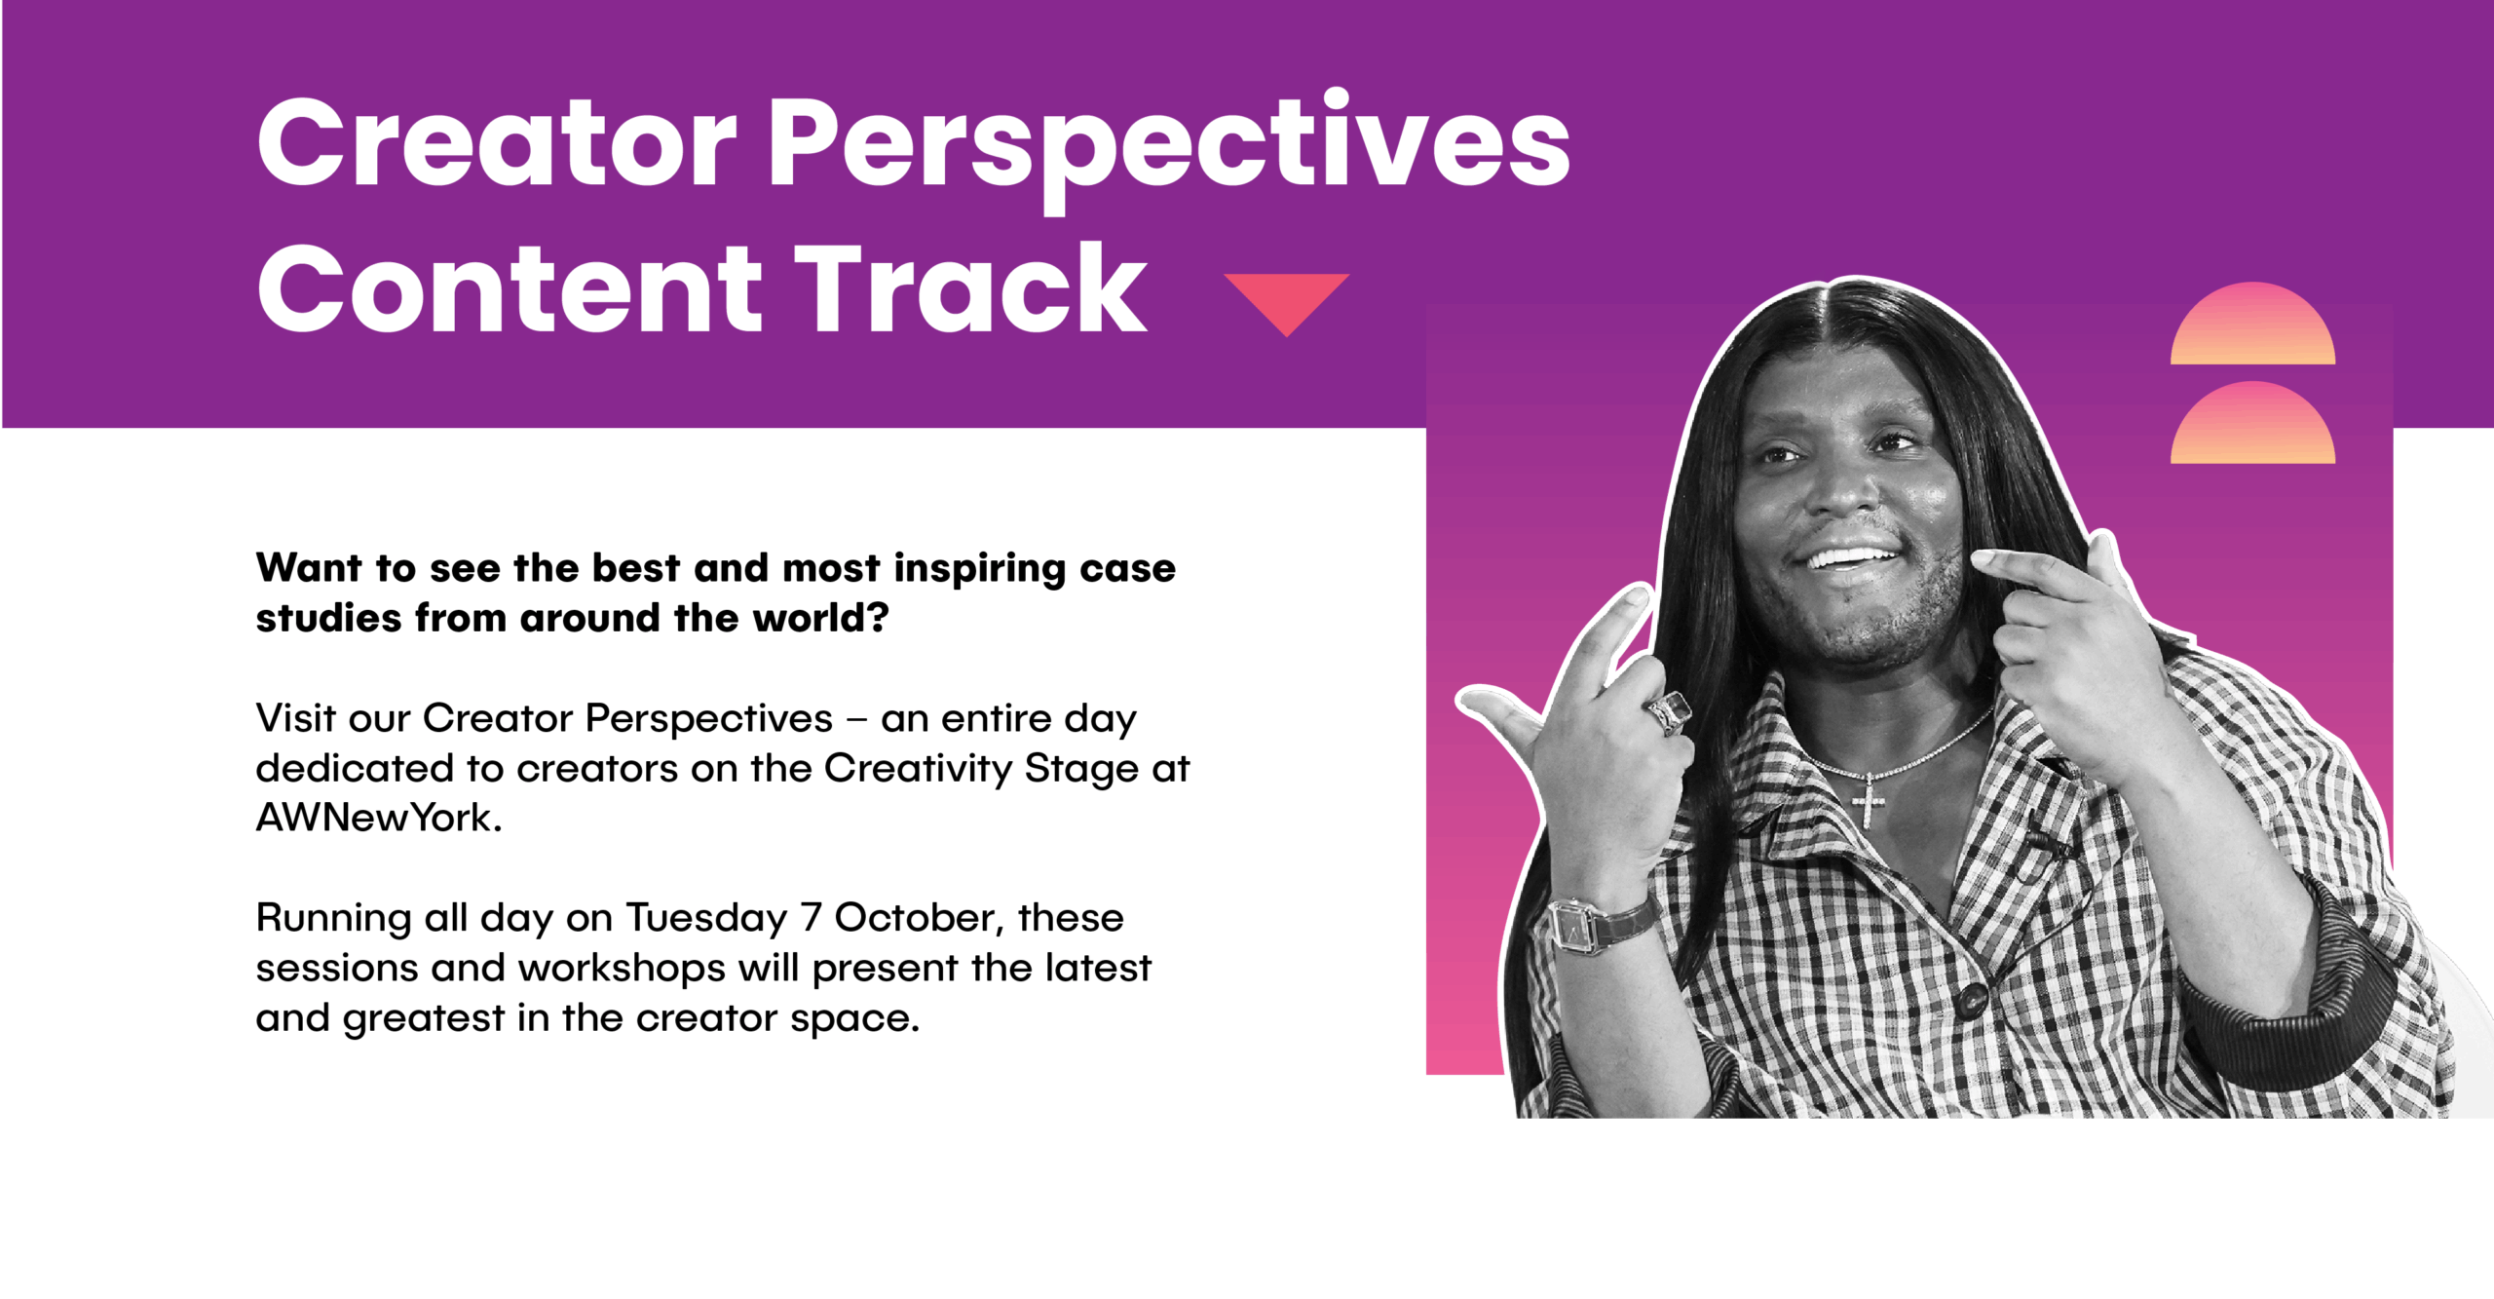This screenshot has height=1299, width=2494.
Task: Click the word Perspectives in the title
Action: click(x=1169, y=148)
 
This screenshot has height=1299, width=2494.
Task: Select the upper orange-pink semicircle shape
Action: click(x=2252, y=324)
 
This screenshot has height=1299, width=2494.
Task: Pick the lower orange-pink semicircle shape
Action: click(x=2252, y=423)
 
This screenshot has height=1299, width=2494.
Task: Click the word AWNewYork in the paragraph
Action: click(x=379, y=819)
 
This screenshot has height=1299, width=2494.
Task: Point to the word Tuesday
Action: click(x=707, y=919)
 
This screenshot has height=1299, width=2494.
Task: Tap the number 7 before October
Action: click(x=812, y=918)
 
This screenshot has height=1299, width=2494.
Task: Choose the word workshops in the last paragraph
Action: click(x=622, y=970)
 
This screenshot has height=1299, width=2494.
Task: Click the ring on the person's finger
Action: click(x=1669, y=711)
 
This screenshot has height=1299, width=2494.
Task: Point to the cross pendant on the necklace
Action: click(x=1868, y=801)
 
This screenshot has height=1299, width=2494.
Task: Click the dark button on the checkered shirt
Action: click(x=1973, y=999)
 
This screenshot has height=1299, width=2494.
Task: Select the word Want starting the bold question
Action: click(x=309, y=568)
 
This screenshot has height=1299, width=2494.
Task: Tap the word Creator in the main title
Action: click(x=497, y=143)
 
